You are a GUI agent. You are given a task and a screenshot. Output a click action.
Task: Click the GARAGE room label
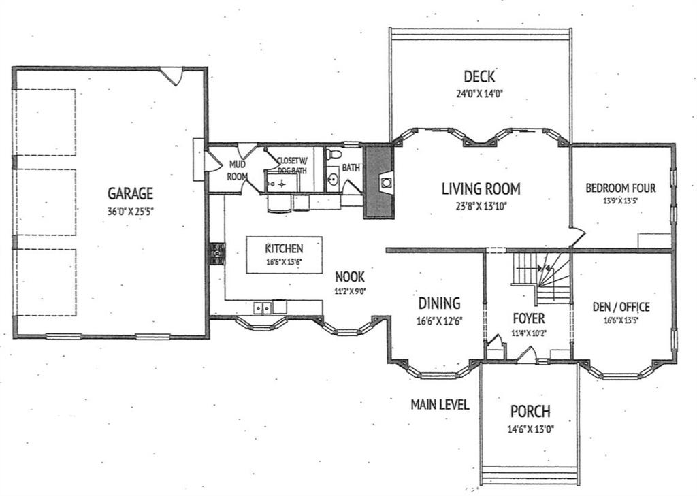point(130,193)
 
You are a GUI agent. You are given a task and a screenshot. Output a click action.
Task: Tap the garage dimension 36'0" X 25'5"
point(130,211)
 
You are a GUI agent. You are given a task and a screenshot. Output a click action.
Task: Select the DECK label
point(479,76)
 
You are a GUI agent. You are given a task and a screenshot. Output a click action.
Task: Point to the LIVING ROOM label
point(481,188)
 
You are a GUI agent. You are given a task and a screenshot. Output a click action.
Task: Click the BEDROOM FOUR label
point(621,188)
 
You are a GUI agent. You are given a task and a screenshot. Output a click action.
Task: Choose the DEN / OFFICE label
point(621,307)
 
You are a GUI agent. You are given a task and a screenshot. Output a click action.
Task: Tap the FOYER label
point(528,318)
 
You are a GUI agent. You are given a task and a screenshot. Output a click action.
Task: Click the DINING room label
point(439,303)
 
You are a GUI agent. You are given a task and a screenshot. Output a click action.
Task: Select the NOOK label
point(349,277)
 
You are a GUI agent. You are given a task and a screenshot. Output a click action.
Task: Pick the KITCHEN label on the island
point(284,248)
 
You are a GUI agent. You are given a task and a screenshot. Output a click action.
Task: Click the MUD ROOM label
point(237,171)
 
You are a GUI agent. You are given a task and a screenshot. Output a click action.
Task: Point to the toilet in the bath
point(333,154)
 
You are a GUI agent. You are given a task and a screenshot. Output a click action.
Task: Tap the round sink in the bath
point(333,180)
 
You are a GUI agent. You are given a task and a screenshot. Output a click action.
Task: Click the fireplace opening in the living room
point(386,182)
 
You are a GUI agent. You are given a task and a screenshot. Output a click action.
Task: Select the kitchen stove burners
point(217,254)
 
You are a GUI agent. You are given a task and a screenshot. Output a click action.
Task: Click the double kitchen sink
point(263,308)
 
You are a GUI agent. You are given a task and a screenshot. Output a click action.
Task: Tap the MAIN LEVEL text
point(440,404)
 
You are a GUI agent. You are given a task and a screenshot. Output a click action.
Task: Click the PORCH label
point(530,411)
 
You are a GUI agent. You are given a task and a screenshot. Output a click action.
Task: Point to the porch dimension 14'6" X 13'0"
point(530,429)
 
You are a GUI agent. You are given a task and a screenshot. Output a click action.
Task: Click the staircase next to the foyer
point(541,278)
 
